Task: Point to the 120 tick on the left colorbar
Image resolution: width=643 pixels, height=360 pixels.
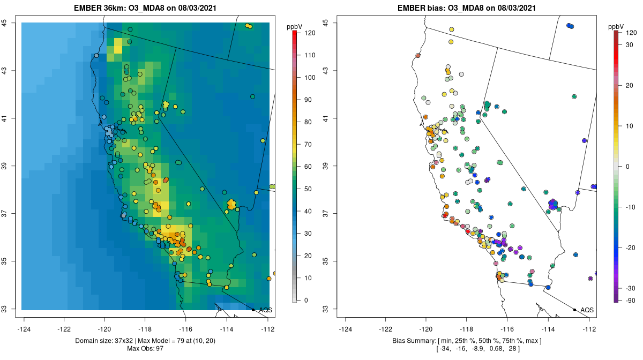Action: (x=310, y=33)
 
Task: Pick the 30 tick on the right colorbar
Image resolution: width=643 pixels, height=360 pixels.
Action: (x=631, y=45)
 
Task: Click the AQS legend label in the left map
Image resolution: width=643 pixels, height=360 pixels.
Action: (x=265, y=310)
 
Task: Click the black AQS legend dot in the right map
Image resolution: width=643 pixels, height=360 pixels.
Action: (x=574, y=310)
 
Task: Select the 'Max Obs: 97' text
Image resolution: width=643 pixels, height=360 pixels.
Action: (x=145, y=349)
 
